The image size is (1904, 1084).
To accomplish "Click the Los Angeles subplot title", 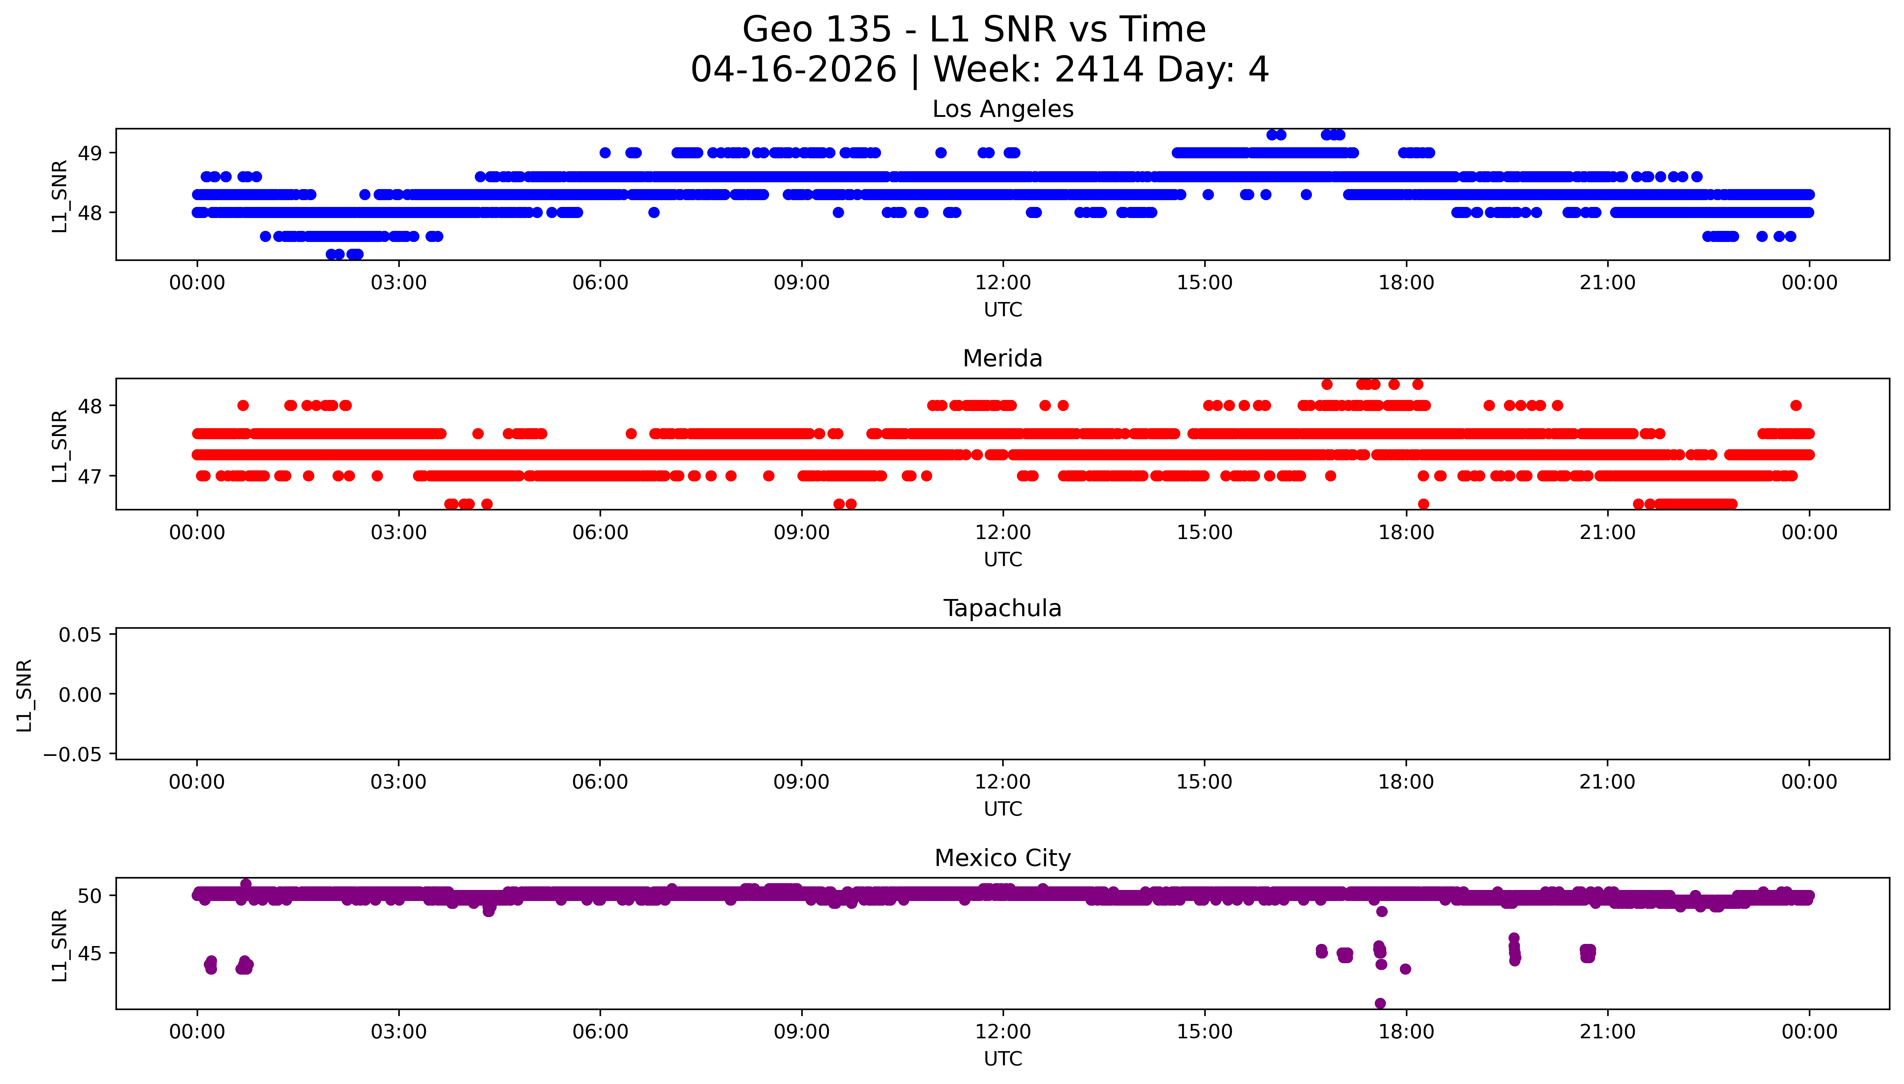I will tap(1002, 109).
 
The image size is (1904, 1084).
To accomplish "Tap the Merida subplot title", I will tap(1002, 359).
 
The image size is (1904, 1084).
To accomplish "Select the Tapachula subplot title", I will tap(1002, 608).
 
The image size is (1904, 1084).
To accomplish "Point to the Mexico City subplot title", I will tap(1002, 858).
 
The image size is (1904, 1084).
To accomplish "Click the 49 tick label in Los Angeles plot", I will tap(90, 153).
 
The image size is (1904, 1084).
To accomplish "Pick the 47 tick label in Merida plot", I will tap(90, 476).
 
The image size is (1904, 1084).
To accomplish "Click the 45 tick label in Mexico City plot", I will tap(90, 954).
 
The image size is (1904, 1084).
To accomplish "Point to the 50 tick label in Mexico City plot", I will tap(90, 896).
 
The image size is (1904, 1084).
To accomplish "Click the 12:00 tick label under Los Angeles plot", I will tap(1002, 283).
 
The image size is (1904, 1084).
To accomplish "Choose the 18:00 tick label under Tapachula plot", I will tap(1405, 782).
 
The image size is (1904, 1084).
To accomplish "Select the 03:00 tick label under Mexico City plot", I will tap(398, 1032).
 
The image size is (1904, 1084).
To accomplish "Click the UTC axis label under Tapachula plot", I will tap(1002, 809).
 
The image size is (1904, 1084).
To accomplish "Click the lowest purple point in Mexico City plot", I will tap(1380, 1004).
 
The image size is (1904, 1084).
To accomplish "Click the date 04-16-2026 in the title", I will tap(793, 70).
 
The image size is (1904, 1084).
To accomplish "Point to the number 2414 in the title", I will tap(1098, 70).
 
